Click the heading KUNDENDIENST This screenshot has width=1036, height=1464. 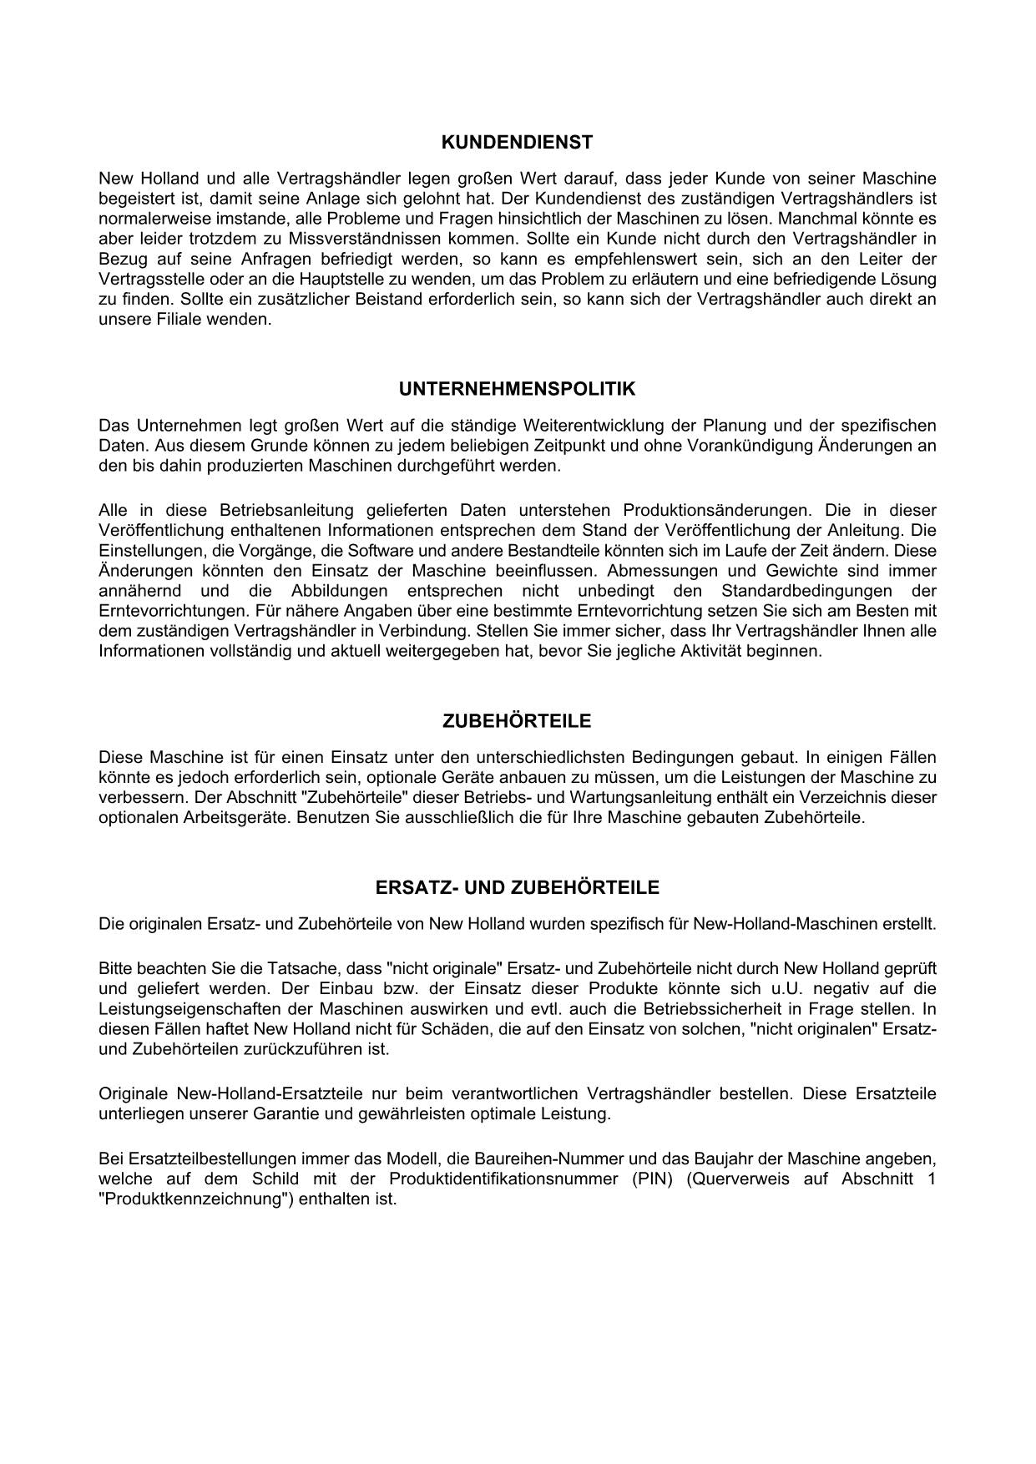(517, 143)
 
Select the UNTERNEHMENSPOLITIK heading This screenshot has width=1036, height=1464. (517, 389)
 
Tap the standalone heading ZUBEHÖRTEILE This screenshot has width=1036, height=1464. (517, 721)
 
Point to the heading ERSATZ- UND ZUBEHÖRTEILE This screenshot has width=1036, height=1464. (517, 888)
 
